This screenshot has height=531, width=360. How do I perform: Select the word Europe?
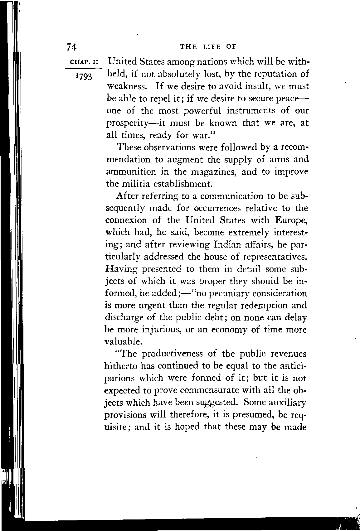point(292,220)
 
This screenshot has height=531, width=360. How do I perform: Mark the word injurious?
point(157,330)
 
